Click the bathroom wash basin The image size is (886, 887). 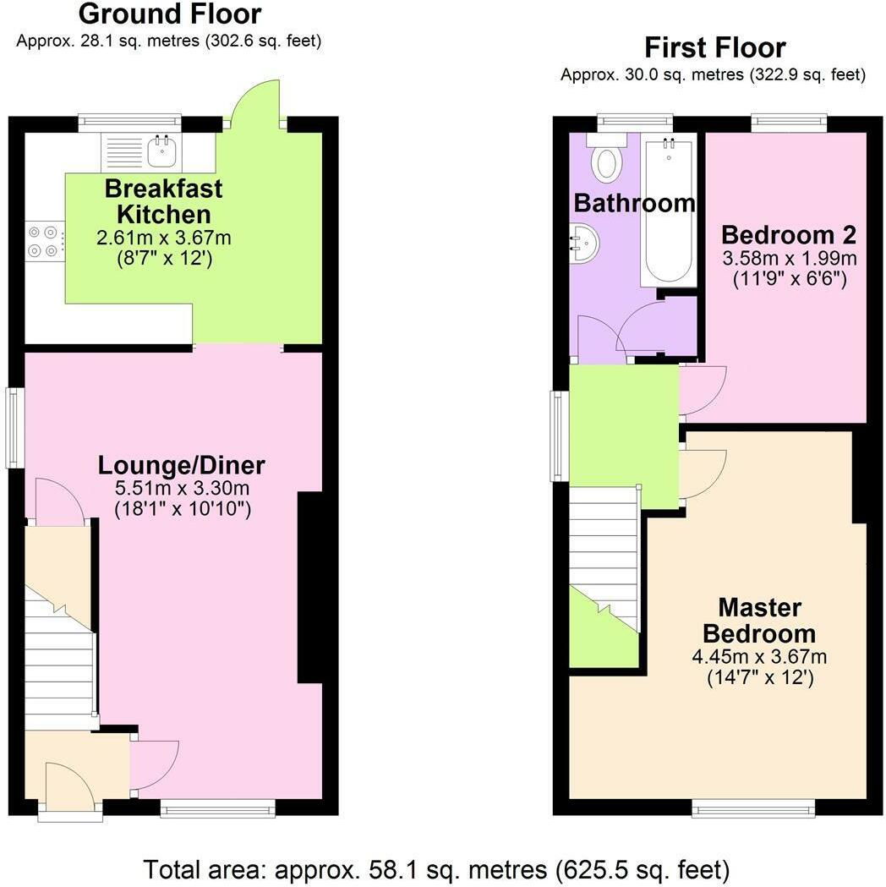coord(584,244)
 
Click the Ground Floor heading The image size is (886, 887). coord(169,14)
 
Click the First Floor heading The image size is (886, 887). coord(714,47)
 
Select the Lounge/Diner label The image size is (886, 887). coord(182,465)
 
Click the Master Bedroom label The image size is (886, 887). coord(759,620)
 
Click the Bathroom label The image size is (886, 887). coord(634,203)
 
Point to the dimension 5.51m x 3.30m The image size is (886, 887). coord(182,489)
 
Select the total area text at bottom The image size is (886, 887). coord(436,868)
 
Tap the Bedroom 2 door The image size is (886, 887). coord(702,389)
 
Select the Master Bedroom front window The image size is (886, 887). coord(754,809)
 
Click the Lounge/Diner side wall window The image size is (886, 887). coord(15,427)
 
